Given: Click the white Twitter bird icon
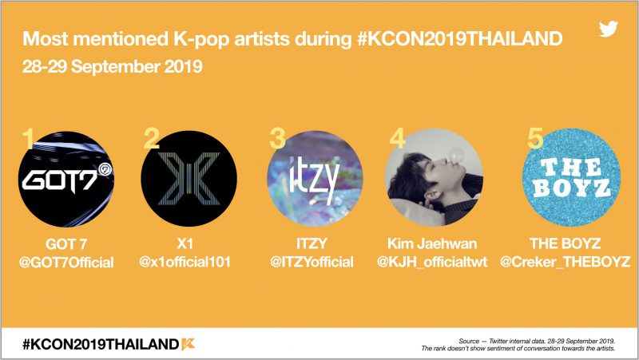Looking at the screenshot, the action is (608, 29).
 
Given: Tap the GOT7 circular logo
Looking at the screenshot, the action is (66, 179).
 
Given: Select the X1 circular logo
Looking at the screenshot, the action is (189, 179).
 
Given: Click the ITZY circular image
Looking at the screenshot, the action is (315, 178).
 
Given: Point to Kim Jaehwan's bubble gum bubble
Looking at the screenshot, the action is (456, 155).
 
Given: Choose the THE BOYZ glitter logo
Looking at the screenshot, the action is (571, 177).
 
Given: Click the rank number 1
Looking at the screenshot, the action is (28, 138).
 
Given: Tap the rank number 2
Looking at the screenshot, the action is (152, 138).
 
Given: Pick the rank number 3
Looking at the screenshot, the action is (277, 138).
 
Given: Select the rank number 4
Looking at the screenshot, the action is (397, 138).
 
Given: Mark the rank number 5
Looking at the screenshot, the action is (535, 138).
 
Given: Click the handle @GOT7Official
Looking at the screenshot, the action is (66, 263).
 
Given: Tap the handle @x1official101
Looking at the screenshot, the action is (185, 262).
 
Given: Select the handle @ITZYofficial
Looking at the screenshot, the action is (312, 262).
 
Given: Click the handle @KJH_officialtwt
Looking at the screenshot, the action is (432, 262).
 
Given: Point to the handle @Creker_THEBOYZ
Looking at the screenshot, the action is (566, 262).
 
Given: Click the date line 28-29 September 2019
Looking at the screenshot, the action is (112, 66).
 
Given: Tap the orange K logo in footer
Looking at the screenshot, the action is (189, 344).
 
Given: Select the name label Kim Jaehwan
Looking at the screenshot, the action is (432, 243).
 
